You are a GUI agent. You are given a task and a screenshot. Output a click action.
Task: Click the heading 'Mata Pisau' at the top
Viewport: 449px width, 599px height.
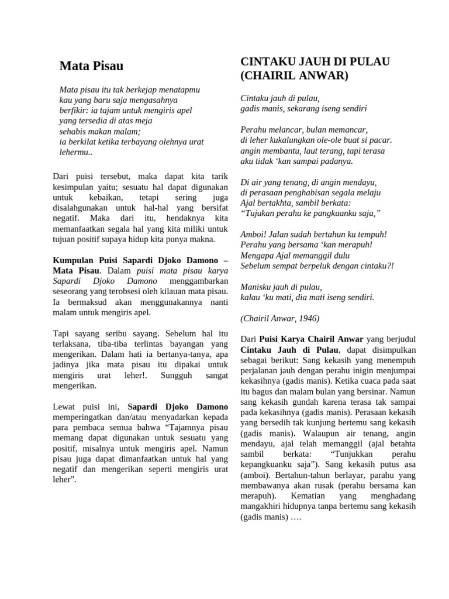(91, 66)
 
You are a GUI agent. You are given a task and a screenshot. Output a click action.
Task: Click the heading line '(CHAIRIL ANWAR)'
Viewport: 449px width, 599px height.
(294, 75)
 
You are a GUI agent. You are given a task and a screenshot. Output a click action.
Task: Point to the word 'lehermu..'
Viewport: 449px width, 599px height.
(76, 152)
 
